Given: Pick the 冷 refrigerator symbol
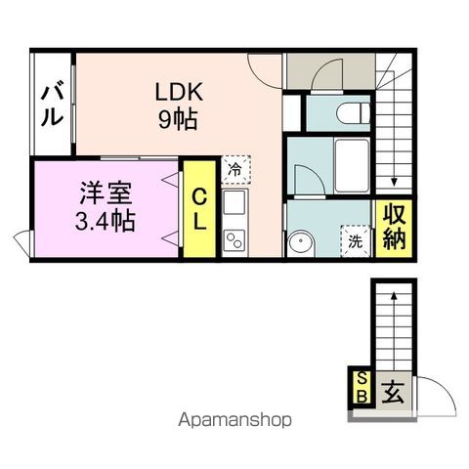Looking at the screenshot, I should pyautogui.click(x=234, y=170).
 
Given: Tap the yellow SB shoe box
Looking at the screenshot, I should pyautogui.click(x=361, y=387).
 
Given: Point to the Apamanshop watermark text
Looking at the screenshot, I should pyautogui.click(x=234, y=422).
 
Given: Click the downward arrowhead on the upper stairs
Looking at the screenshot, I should pyautogui.click(x=394, y=181).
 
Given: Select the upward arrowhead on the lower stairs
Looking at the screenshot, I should pyautogui.click(x=394, y=292).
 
